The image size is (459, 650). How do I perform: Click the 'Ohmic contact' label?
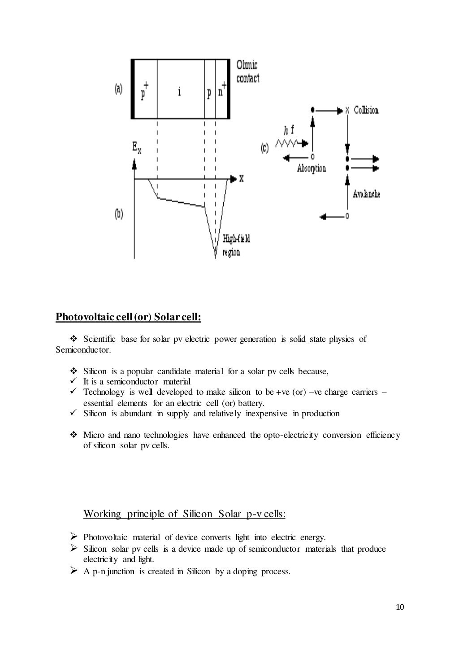tap(247, 72)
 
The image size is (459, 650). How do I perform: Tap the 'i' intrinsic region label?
tap(180, 92)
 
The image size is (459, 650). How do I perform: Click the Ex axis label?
tap(137, 148)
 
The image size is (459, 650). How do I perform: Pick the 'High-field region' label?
tap(236, 245)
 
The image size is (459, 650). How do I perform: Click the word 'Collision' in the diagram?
tap(366, 110)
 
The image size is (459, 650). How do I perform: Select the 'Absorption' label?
tap(312, 169)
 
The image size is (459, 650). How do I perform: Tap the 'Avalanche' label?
tap(366, 194)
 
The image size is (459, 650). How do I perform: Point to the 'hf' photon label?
tap(289, 131)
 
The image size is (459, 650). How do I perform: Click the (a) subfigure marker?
tap(118, 89)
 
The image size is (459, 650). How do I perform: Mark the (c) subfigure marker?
tap(264, 148)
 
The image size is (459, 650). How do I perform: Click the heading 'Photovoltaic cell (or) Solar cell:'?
tap(128, 317)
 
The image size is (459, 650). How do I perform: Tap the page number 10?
tap(400, 607)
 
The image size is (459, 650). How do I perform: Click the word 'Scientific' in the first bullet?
tap(99, 339)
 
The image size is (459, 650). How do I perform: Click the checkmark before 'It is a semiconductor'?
tap(74, 382)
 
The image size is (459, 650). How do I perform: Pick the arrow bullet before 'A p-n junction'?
tap(74, 571)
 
